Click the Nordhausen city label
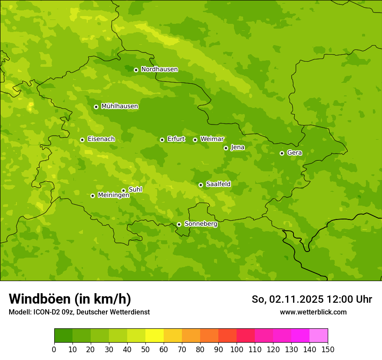pyautogui.click(x=159, y=69)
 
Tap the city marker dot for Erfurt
pyautogui.click(x=162, y=140)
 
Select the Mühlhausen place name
pyautogui.click(x=119, y=106)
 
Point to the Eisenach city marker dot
pyautogui.click(x=82, y=140)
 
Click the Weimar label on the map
pyautogui.click(x=212, y=139)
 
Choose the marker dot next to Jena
pyautogui.click(x=226, y=148)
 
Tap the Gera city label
pyautogui.click(x=294, y=153)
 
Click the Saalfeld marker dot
pyautogui.click(x=201, y=185)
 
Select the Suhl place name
pyautogui.click(x=135, y=190)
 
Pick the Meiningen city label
pyautogui.click(x=113, y=195)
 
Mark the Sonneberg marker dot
pyautogui.click(x=179, y=224)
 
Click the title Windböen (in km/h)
pyautogui.click(x=70, y=299)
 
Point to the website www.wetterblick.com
pyautogui.click(x=313, y=312)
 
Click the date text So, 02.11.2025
pyautogui.click(x=287, y=299)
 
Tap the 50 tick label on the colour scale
pyautogui.click(x=145, y=350)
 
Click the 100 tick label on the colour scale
pyautogui.click(x=237, y=350)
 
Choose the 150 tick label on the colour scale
pyautogui.click(x=328, y=350)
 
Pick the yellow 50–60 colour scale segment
pyautogui.click(x=154, y=336)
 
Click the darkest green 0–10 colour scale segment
pyautogui.click(x=63, y=336)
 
